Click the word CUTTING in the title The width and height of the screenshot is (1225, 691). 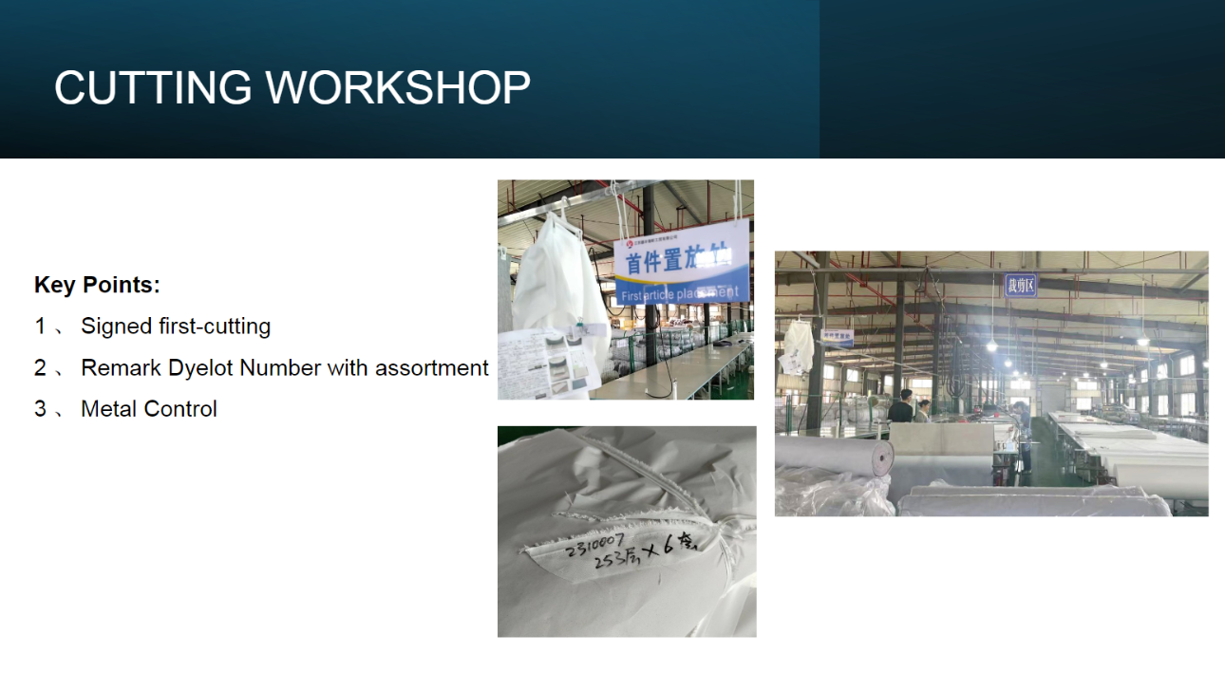point(153,88)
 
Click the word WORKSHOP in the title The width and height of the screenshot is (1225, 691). point(398,88)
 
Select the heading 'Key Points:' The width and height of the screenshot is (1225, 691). point(97,285)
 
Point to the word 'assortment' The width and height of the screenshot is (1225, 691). point(432,368)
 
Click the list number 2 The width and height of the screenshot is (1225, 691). point(40,368)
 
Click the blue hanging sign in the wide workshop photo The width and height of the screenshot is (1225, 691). point(1021,285)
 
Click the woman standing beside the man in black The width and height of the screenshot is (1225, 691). point(923,411)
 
